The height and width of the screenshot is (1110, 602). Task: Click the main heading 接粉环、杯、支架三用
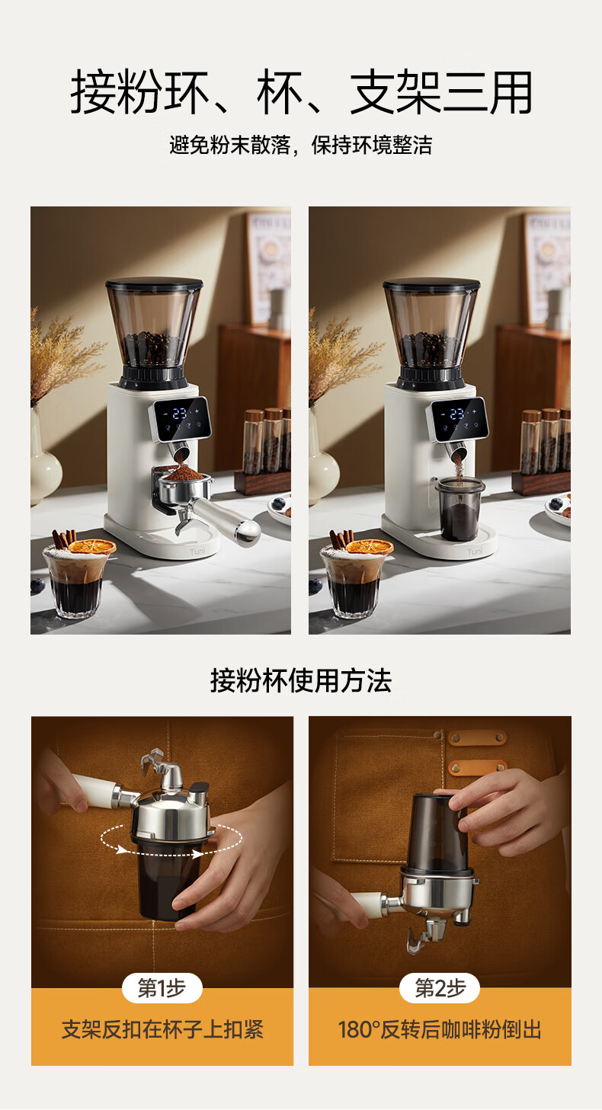[301, 92]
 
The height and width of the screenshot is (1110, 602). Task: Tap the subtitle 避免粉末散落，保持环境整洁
[301, 146]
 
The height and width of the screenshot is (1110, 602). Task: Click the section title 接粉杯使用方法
[301, 680]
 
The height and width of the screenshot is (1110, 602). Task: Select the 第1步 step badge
[162, 988]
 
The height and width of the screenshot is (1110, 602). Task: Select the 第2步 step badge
[440, 988]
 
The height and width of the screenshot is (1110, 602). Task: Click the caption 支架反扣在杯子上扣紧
[162, 1029]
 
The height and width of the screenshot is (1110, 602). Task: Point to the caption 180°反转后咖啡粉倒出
[440, 1029]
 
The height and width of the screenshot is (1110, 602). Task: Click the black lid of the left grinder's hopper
[154, 284]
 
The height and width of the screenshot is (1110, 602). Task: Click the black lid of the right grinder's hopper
[431, 284]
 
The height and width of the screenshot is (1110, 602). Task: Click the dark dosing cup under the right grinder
[460, 508]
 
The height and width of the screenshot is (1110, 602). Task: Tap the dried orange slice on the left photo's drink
[92, 546]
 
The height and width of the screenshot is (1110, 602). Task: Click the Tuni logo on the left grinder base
[197, 551]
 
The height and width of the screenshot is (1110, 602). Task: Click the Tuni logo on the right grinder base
[475, 551]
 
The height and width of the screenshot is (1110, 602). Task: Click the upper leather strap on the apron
[477, 738]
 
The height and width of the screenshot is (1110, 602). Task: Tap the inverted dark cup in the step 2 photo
[438, 832]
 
